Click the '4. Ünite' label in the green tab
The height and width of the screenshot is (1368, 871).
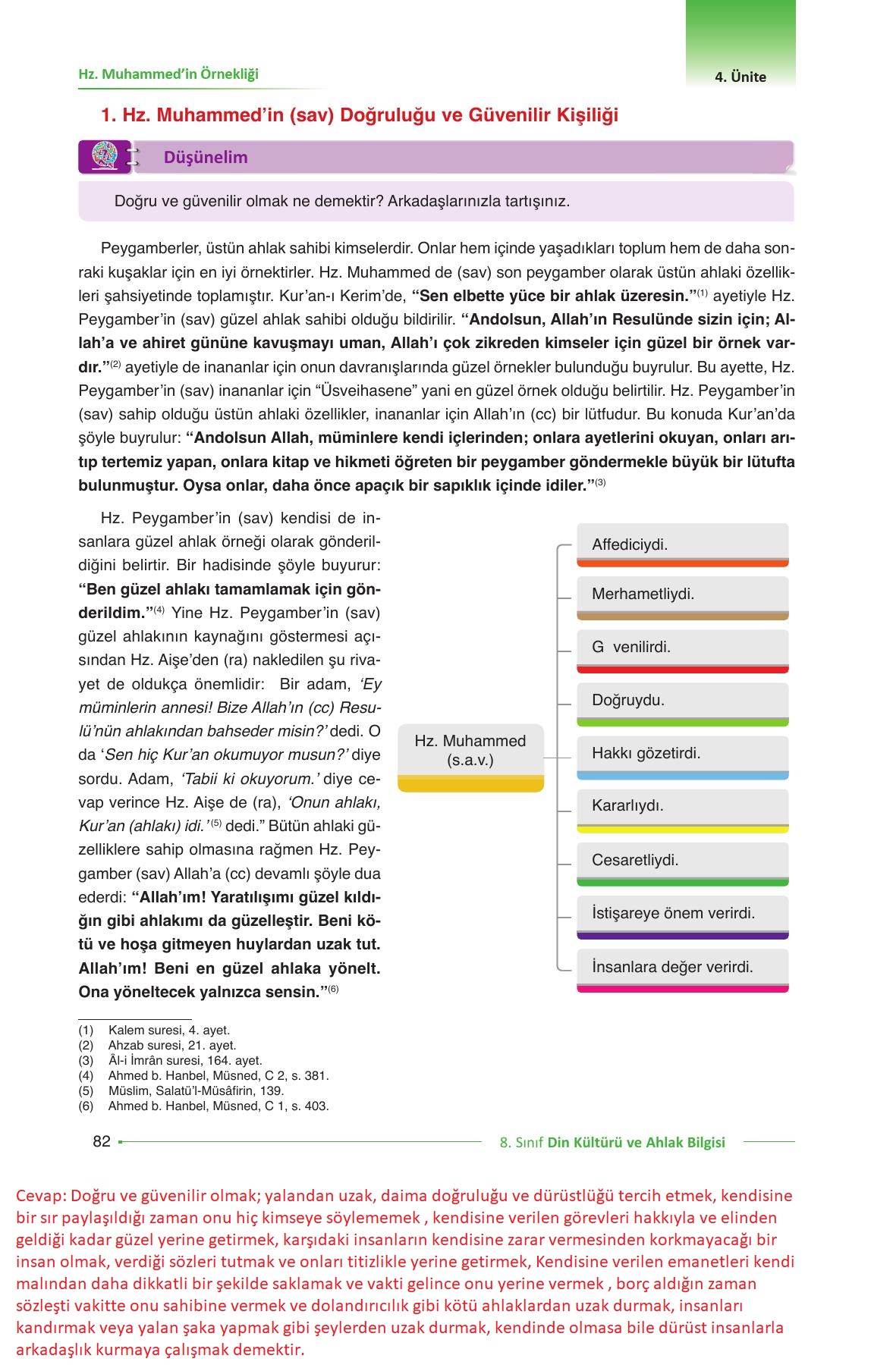(740, 77)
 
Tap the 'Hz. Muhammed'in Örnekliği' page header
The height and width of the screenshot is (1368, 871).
(168, 74)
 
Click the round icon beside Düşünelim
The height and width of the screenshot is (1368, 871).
(105, 156)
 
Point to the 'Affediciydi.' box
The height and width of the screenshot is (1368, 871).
(682, 544)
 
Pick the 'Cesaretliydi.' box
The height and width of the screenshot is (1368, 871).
(682, 861)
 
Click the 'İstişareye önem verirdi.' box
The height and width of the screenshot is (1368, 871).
(682, 914)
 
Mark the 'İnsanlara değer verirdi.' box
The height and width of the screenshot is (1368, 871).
(682, 968)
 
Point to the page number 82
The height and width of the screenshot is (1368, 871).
(102, 1141)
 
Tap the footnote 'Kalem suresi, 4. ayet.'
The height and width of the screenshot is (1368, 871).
(168, 1030)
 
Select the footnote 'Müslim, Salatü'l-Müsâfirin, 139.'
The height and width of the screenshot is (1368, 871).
(196, 1090)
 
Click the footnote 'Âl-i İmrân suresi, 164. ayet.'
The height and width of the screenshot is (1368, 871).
(185, 1060)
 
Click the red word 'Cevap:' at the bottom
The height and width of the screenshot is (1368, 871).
(40, 1196)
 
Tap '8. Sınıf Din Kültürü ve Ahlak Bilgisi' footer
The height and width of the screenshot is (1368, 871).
(612, 1142)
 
